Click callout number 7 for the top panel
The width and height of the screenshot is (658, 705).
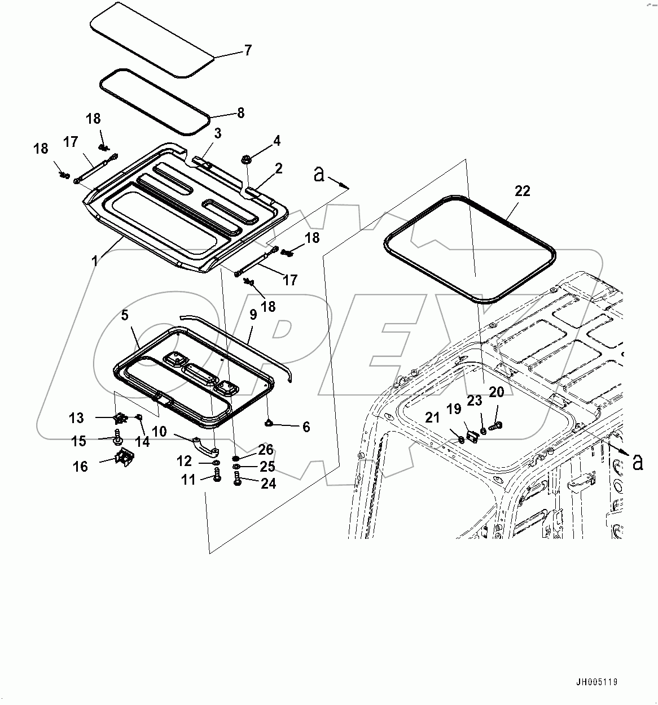click(248, 50)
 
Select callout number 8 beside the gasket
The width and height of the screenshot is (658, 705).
click(241, 112)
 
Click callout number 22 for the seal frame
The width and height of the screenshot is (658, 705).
click(523, 191)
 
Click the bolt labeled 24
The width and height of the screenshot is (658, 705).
click(237, 481)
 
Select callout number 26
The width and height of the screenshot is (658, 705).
click(266, 450)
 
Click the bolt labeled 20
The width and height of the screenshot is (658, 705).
click(495, 427)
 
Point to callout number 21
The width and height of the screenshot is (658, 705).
click(432, 418)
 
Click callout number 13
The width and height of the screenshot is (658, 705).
click(76, 418)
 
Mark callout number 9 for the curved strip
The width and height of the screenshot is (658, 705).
click(252, 315)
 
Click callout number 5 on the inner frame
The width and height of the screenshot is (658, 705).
click(125, 315)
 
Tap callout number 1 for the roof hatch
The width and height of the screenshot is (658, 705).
click(95, 260)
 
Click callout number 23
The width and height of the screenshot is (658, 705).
click(475, 401)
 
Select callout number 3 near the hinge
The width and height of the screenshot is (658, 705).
click(217, 133)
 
